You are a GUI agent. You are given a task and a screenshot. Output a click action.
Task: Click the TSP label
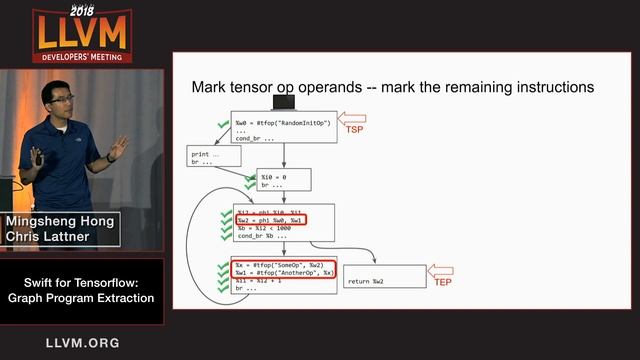[x=354, y=130]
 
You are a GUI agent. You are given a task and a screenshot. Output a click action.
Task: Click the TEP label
[x=442, y=283]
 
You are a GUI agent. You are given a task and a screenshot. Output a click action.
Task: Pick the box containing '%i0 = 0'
[x=284, y=179]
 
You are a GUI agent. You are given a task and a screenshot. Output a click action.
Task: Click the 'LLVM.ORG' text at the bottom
[x=82, y=343]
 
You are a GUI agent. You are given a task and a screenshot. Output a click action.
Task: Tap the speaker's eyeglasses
[x=61, y=103]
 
